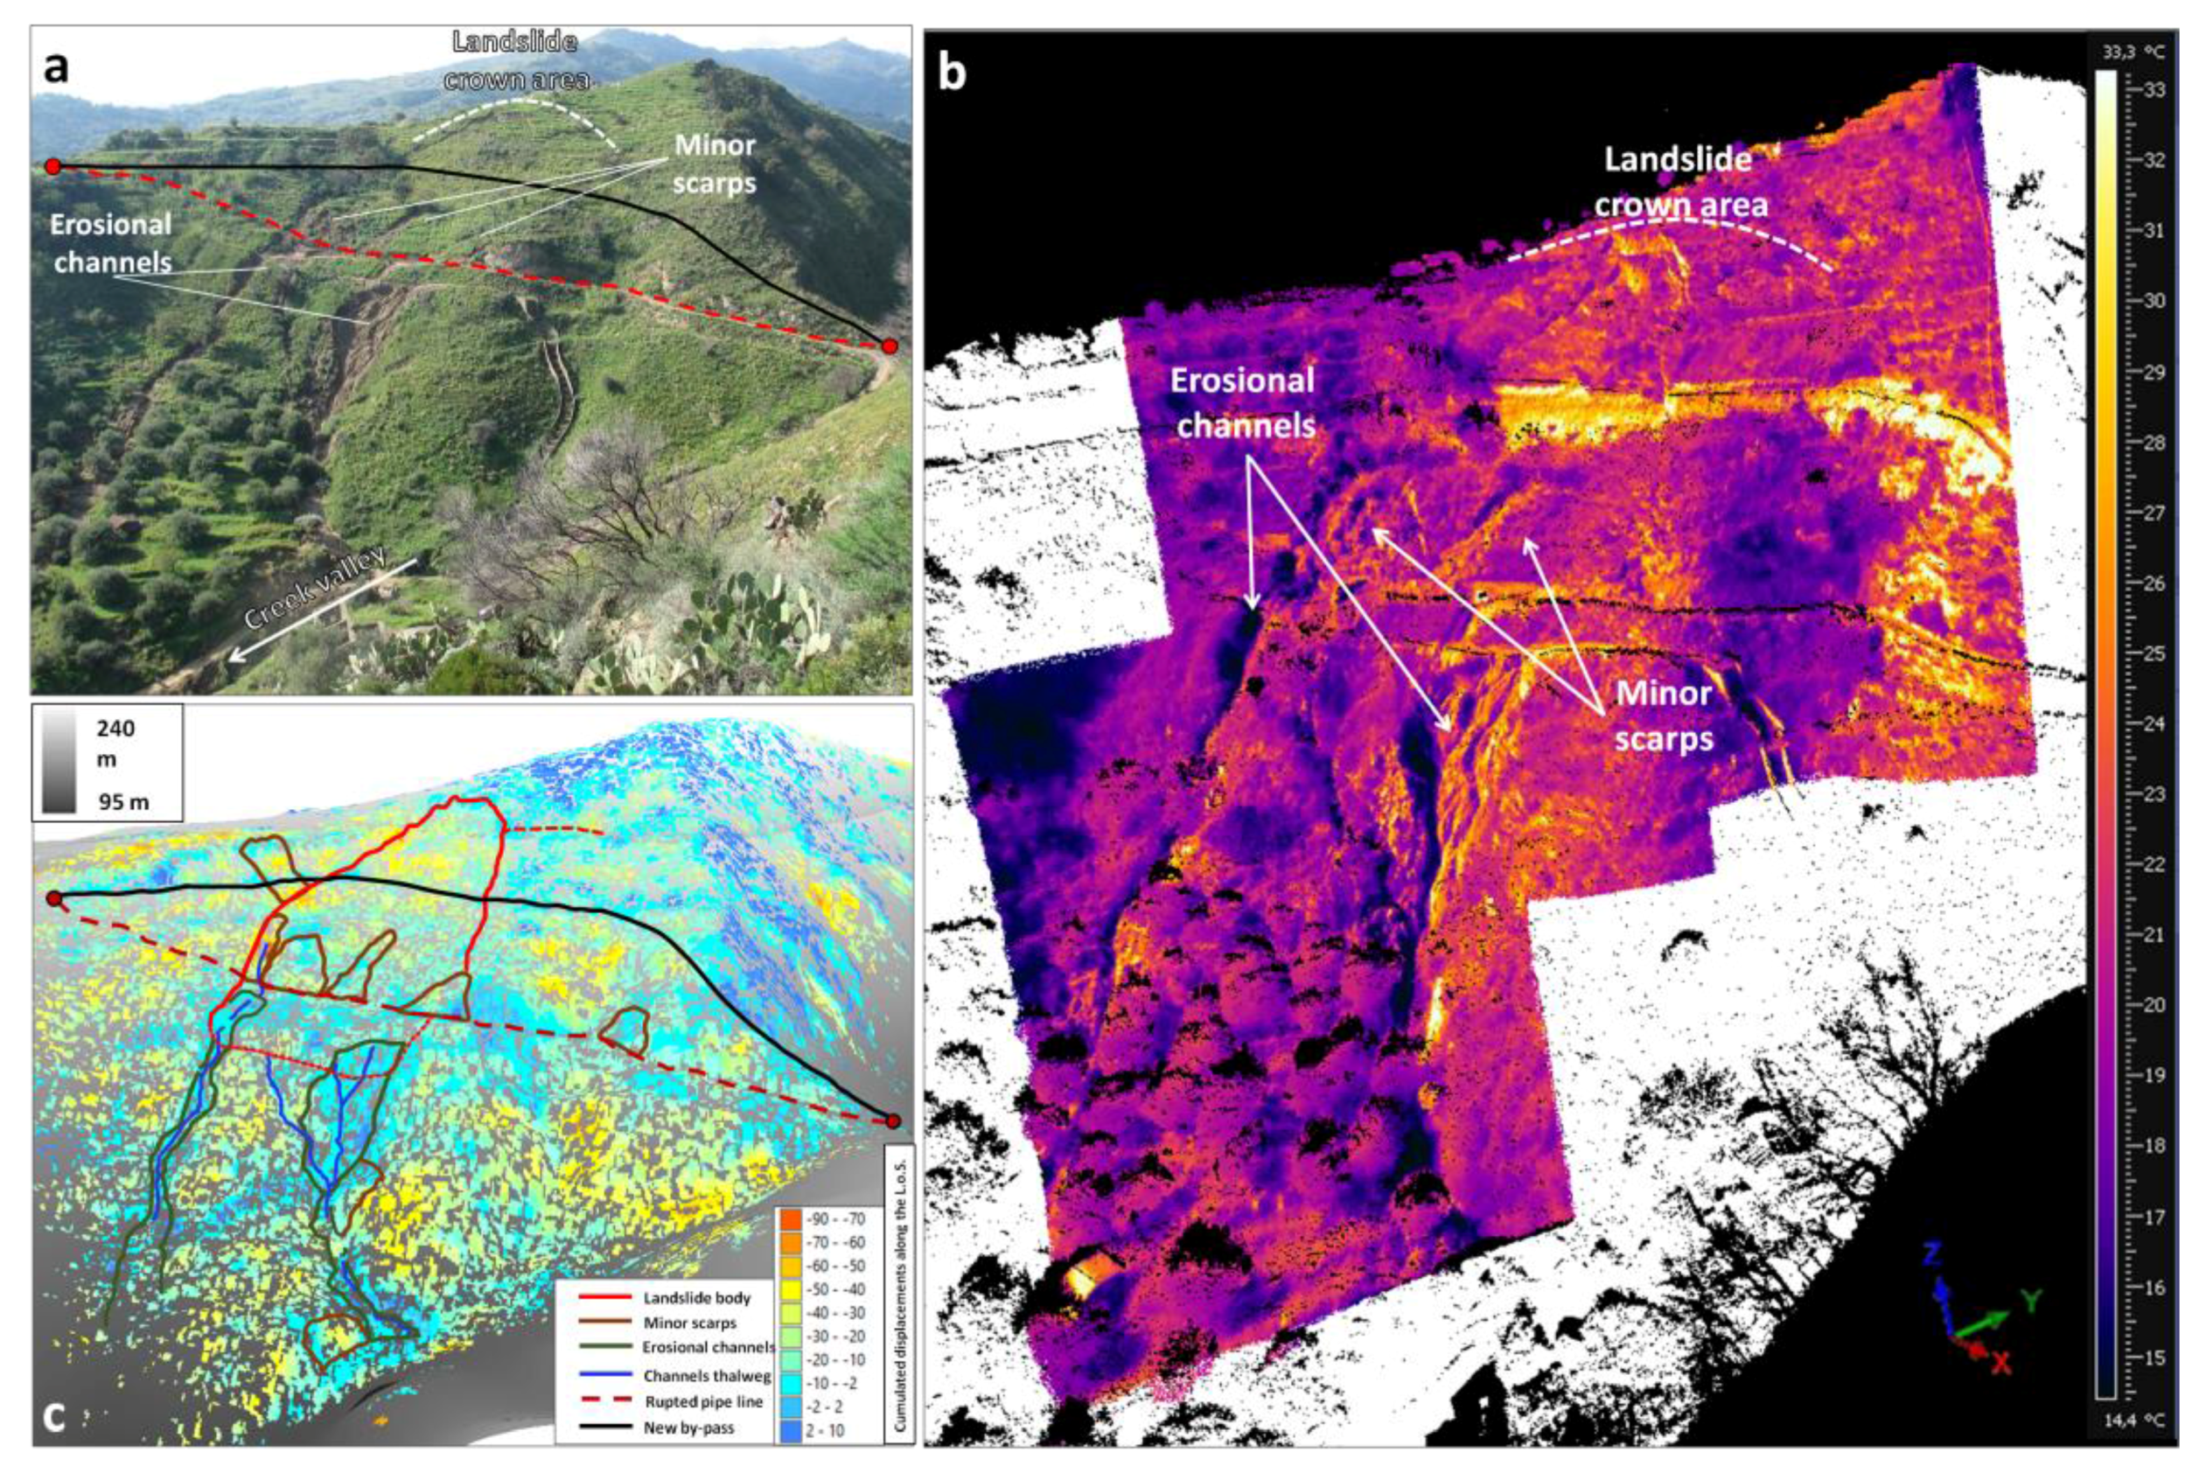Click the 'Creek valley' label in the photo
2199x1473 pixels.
click(x=316, y=588)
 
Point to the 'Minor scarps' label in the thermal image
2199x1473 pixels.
click(x=1664, y=716)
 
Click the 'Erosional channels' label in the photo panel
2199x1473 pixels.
click(x=112, y=242)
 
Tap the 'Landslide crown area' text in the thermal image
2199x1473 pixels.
click(x=1678, y=181)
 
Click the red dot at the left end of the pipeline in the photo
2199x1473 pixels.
click(x=53, y=166)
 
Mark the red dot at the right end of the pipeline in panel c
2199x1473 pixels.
click(x=892, y=1120)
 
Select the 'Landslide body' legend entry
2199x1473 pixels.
click(x=696, y=1298)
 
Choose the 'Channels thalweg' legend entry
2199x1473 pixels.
click(x=707, y=1376)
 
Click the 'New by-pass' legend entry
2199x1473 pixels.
click(x=688, y=1428)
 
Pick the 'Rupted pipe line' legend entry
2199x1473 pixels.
click(x=702, y=1401)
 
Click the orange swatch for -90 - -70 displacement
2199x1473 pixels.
click(x=789, y=1219)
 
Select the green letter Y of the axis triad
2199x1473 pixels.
click(x=2032, y=1301)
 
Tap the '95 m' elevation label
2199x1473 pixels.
click(x=122, y=801)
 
